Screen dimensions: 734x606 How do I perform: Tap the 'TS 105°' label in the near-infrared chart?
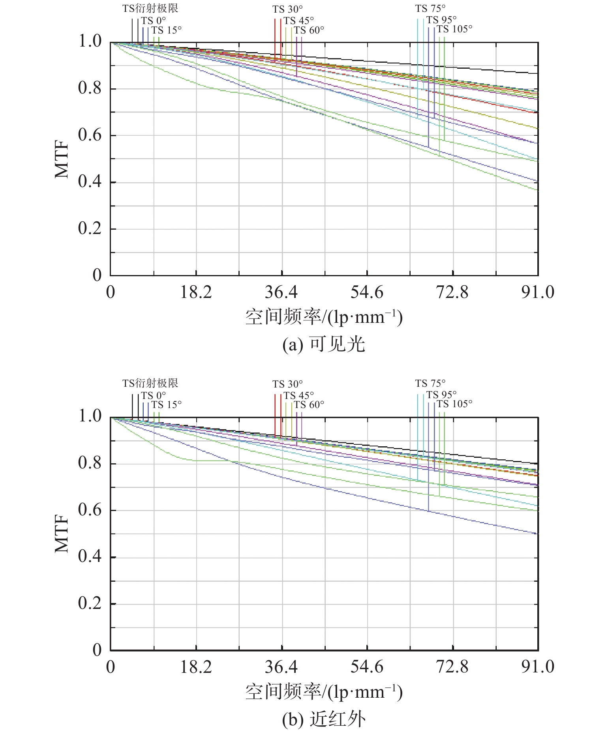(454, 404)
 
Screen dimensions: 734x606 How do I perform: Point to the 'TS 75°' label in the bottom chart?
(430, 383)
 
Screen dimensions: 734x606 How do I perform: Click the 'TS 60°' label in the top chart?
(309, 30)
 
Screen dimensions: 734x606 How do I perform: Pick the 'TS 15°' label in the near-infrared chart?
(166, 405)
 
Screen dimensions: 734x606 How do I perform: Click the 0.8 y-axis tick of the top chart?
(90, 88)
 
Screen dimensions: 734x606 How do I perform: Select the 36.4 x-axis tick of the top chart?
(281, 292)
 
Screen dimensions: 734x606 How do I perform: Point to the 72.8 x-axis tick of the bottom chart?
(452, 667)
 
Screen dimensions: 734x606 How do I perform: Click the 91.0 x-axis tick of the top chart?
(538, 292)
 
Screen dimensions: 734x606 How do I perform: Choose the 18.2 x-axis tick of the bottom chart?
(196, 667)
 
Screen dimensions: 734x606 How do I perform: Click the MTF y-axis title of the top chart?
(62, 159)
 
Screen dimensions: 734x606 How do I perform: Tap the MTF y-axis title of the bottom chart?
(62, 534)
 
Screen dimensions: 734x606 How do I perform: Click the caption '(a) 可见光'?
(324, 345)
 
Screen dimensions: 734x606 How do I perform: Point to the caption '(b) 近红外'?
(324, 719)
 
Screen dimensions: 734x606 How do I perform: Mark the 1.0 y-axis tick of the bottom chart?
(90, 416)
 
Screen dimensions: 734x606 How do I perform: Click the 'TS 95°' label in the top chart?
(441, 20)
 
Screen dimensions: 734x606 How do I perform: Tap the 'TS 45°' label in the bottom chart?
(298, 395)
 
